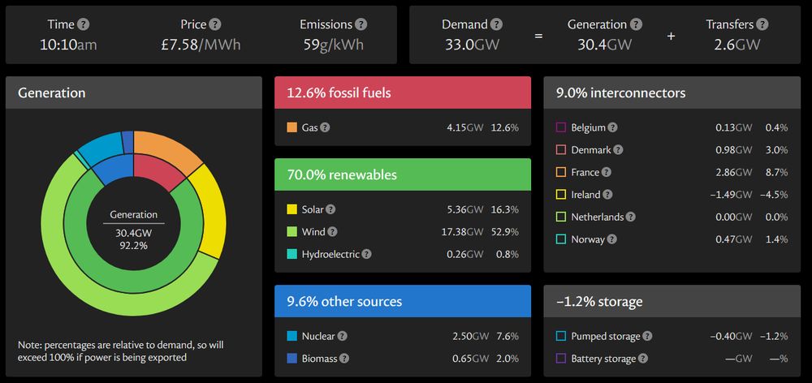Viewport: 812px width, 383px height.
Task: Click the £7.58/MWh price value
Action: [x=201, y=45]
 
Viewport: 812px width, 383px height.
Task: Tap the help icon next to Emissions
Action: [x=361, y=25]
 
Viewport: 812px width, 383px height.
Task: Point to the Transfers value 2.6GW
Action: [x=736, y=45]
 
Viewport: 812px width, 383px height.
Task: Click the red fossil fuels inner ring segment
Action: [x=160, y=171]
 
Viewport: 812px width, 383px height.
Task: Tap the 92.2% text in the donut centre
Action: [x=134, y=245]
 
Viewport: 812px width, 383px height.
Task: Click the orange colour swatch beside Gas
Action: [x=292, y=127]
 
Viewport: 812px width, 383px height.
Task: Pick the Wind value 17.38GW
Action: [x=464, y=232]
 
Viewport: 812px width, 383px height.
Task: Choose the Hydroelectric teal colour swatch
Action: [x=292, y=254]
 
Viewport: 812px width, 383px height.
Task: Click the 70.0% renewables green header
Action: [x=402, y=174]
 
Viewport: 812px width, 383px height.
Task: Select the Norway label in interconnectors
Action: [x=588, y=239]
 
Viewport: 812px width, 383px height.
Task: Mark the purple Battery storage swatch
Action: [x=560, y=358]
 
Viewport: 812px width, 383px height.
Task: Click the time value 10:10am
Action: [x=68, y=45]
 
